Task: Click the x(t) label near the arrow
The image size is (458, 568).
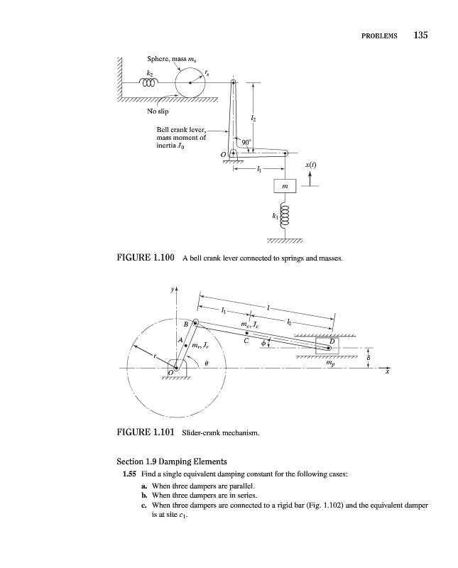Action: [x=311, y=164]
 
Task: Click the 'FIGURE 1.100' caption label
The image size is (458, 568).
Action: [x=145, y=258]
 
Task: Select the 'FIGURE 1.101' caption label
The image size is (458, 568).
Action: [x=145, y=431]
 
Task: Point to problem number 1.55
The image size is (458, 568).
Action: [x=129, y=472]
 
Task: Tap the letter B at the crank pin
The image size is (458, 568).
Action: [x=186, y=324]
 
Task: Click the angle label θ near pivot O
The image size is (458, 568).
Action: [x=205, y=364]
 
